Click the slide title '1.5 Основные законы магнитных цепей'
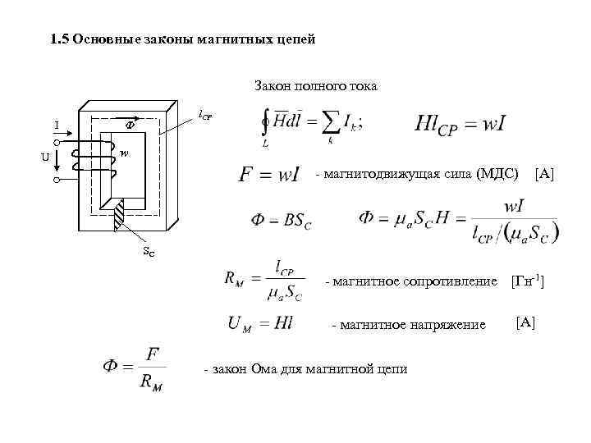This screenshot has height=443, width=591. tap(182, 40)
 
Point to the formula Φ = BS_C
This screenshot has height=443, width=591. tap(282, 220)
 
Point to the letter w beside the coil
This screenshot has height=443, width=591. tap(124, 153)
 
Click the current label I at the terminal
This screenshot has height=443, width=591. tap(57, 126)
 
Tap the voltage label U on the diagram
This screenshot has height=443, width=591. tap(46, 157)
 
